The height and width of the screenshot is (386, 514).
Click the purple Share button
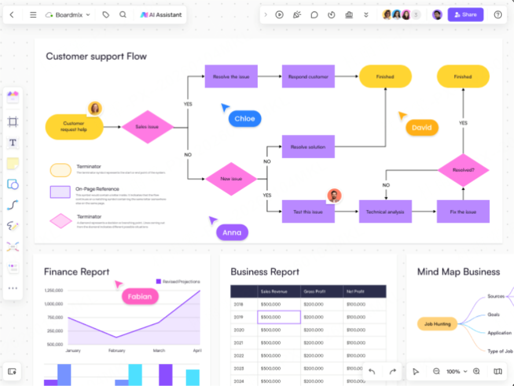tap(465, 14)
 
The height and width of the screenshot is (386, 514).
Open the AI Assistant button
tap(161, 15)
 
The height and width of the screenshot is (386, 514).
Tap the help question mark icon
tap(498, 15)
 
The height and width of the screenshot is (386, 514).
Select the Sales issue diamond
tap(147, 127)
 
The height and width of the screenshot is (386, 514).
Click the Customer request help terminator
tap(74, 127)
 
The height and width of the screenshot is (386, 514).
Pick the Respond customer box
tap(308, 76)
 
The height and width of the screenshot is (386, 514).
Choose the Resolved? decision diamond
tap(462, 170)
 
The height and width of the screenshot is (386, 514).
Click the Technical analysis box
tap(385, 212)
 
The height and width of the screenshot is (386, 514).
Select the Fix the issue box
tap(462, 212)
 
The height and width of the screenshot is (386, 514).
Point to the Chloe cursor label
tap(245, 119)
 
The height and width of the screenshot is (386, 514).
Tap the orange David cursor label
tap(421, 127)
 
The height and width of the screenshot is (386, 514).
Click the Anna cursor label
tap(232, 233)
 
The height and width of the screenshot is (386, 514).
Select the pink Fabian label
tap(139, 296)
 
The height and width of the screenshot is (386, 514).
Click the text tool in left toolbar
tap(13, 142)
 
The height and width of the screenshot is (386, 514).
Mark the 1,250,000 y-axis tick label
tap(53, 290)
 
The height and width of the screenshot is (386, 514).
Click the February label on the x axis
tap(116, 351)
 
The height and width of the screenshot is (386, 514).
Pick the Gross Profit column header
tap(315, 292)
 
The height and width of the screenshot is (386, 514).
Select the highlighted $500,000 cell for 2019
tap(279, 317)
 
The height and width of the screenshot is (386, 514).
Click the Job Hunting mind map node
tap(437, 323)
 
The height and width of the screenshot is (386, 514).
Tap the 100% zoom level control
tap(456, 372)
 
